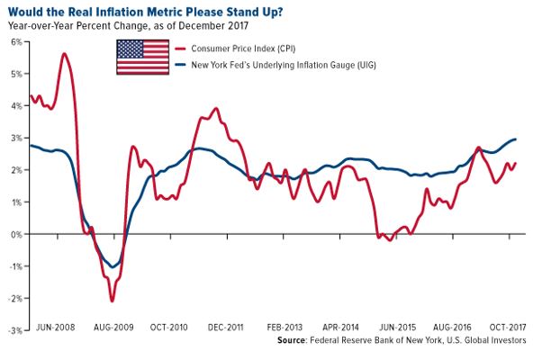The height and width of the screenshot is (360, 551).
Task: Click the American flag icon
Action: point(142,56)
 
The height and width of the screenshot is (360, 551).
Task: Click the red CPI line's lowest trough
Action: point(112,301)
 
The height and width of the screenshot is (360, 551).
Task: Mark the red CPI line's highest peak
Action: point(64,54)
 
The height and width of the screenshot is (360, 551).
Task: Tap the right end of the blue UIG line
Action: point(515,139)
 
